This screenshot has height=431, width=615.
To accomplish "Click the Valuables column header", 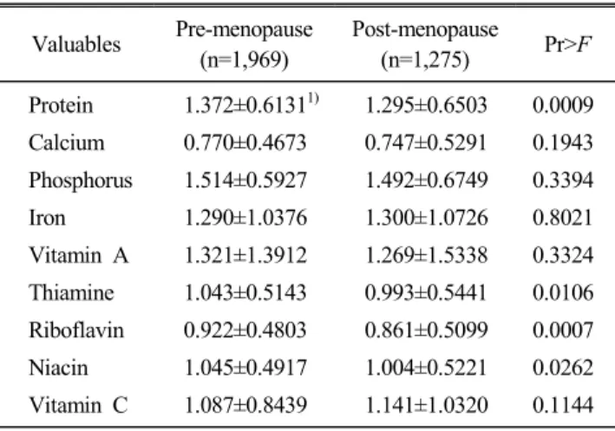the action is (x=76, y=44).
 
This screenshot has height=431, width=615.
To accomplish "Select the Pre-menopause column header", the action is (x=245, y=44).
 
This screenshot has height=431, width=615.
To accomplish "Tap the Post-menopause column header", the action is (x=425, y=44).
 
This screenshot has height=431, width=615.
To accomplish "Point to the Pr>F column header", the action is (x=567, y=44).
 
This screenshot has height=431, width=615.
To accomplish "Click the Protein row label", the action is (x=61, y=105).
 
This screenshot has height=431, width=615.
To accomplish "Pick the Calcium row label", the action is (x=66, y=142).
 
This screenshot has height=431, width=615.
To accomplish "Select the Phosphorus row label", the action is (x=81, y=180).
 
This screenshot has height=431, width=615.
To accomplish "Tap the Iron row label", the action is (x=47, y=218).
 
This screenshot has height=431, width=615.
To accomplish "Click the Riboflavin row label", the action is (x=76, y=330).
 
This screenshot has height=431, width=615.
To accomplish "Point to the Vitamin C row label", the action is (x=78, y=405).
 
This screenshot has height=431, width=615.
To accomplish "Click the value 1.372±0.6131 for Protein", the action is (x=245, y=105).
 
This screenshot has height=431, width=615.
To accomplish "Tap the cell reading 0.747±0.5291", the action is (x=426, y=142).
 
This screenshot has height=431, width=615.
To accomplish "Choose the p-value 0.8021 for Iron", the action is (x=562, y=218).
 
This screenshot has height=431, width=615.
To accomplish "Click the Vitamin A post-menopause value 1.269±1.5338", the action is (x=427, y=255).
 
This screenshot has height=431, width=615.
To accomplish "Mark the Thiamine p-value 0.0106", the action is (x=563, y=292).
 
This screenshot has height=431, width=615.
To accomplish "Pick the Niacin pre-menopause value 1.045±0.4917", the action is (x=245, y=368).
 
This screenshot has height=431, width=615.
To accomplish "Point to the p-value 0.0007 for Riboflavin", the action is (x=563, y=330).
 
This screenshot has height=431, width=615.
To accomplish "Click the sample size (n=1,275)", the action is (x=425, y=61).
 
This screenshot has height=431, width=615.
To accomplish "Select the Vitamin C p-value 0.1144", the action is (x=563, y=405).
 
